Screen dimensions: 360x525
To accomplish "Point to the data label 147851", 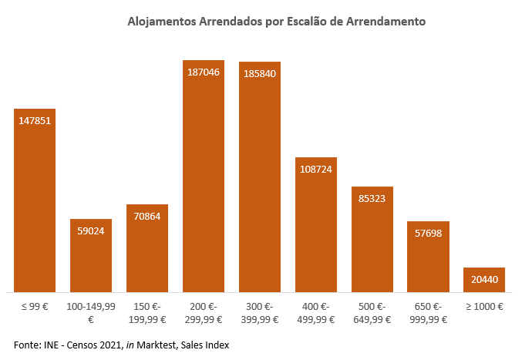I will (35, 120).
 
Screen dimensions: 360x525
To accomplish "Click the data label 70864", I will (147, 217).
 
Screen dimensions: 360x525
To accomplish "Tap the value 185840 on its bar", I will (260, 73).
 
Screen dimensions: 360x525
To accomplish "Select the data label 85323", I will (372, 199).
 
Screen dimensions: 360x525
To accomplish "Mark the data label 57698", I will (428, 233).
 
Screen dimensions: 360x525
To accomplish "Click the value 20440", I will (484, 279).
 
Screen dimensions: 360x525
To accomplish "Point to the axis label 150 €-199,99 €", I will (147, 312).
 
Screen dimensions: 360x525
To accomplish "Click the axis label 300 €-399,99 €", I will (260, 312).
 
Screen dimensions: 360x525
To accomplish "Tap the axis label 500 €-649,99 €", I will (372, 312).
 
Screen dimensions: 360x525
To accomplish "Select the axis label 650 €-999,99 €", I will (428, 312).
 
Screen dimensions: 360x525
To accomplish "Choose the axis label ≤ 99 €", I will (35, 306).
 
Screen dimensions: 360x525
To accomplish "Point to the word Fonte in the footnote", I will (28, 344).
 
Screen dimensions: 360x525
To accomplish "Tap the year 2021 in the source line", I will (109, 344).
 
